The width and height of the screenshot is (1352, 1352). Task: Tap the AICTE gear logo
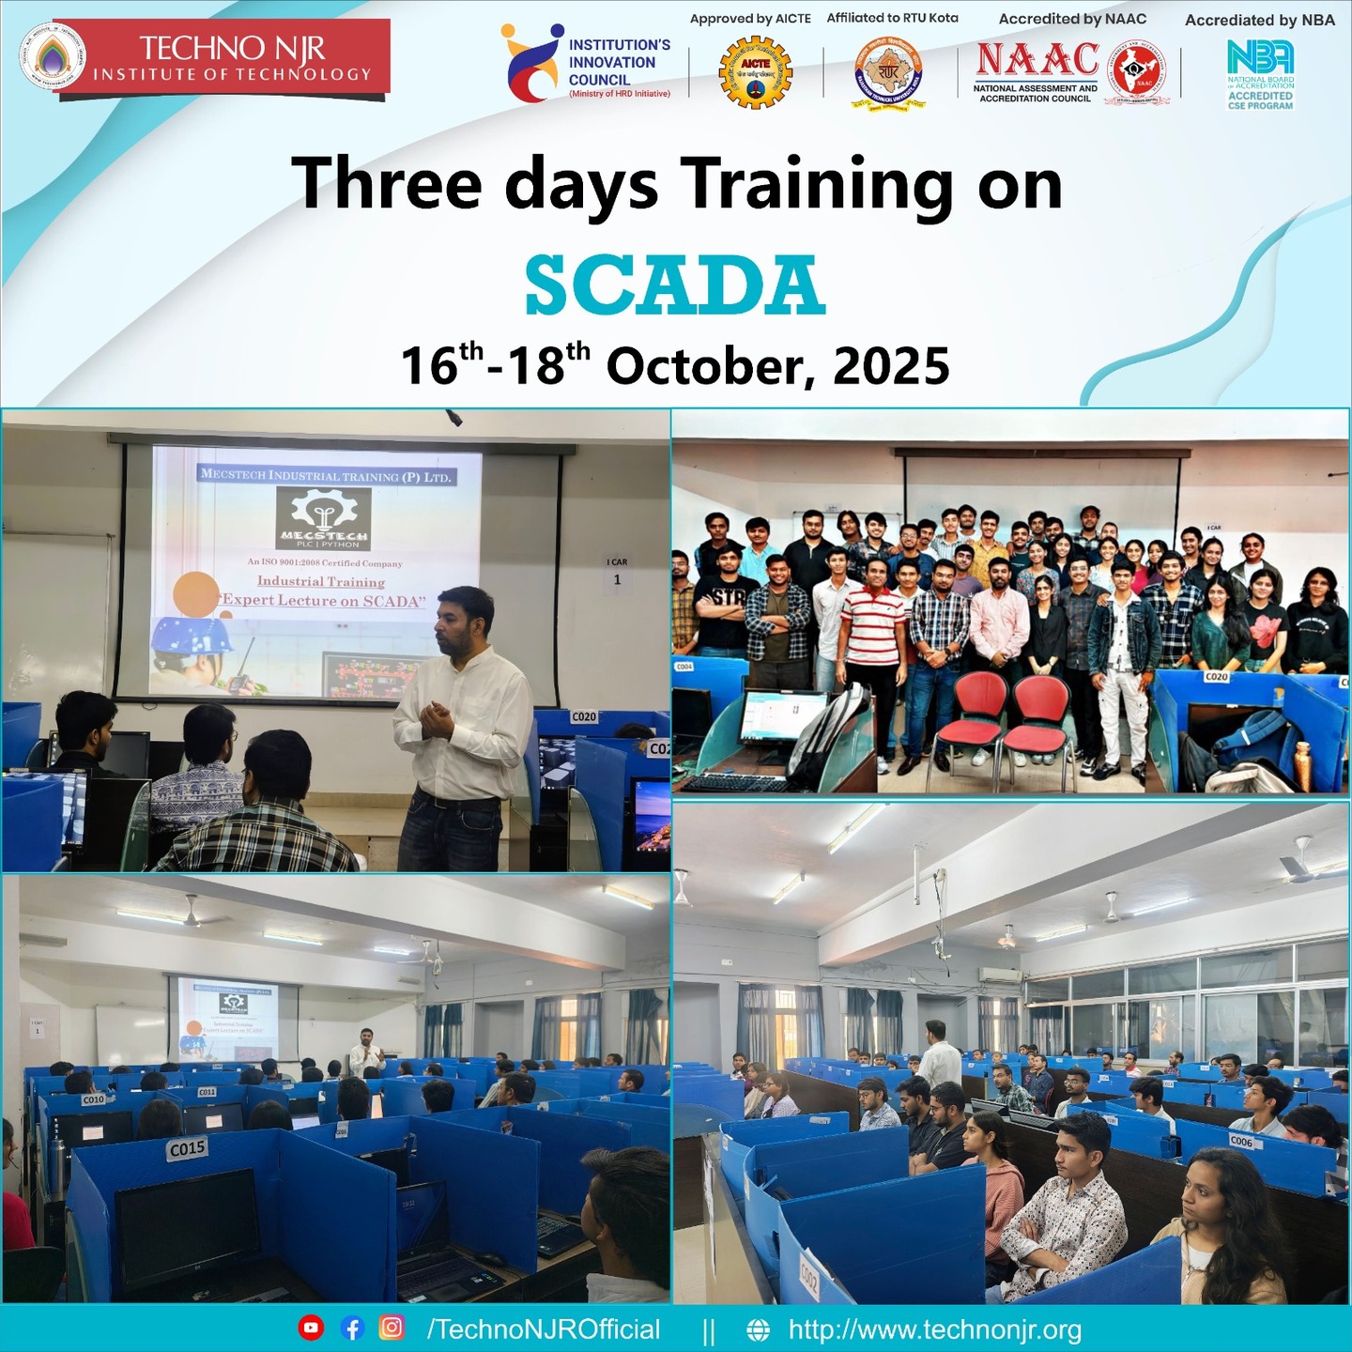[755, 72]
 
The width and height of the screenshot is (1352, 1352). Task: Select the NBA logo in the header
[1260, 58]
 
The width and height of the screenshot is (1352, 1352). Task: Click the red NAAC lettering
[1037, 59]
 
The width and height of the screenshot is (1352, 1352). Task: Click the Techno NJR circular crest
[54, 56]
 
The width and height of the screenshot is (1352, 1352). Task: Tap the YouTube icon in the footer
[311, 1328]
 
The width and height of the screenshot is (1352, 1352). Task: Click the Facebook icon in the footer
[352, 1328]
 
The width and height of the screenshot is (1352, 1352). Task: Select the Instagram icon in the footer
[392, 1328]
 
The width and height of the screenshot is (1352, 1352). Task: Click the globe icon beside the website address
[758, 1329]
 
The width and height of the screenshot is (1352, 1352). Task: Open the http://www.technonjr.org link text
[934, 1329]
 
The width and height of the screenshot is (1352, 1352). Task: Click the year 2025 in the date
[891, 365]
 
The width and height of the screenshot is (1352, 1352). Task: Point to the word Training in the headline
[817, 184]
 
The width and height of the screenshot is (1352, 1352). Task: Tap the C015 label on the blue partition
[187, 1148]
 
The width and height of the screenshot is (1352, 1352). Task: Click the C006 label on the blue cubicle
[1241, 1142]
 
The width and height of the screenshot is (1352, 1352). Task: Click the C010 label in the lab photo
[94, 1099]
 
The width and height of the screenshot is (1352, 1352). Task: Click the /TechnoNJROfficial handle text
[544, 1329]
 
